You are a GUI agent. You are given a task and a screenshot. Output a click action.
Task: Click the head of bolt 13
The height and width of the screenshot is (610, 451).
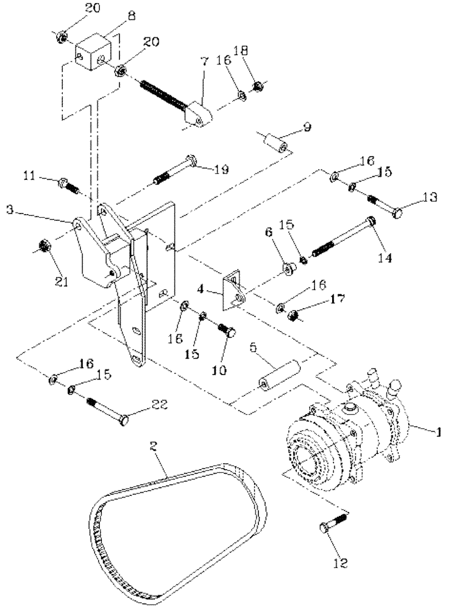coord(399,213)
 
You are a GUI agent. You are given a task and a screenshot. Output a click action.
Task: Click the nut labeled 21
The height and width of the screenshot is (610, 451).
coord(43,247)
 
